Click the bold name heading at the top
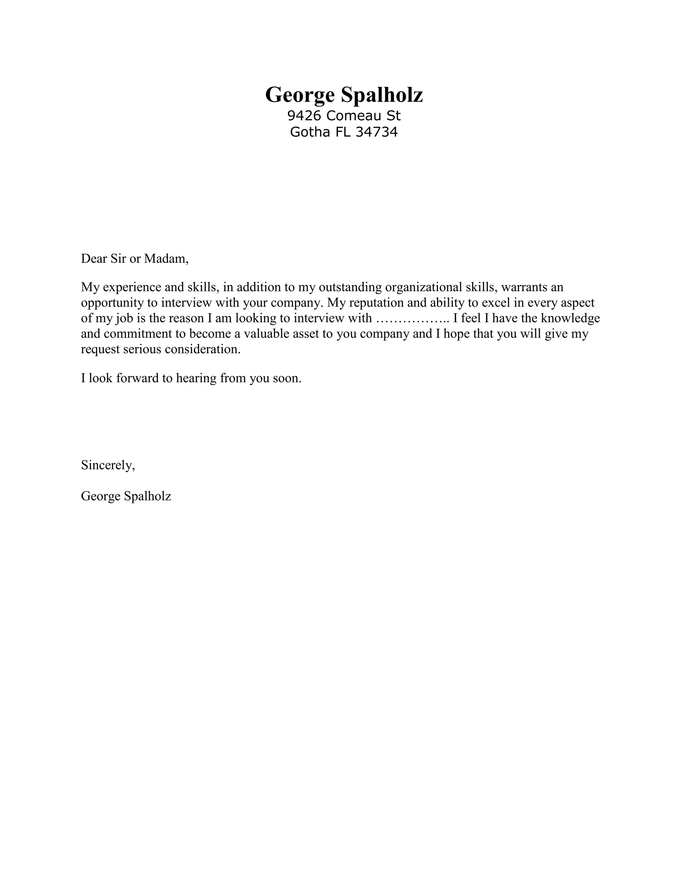344,95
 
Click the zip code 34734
377,132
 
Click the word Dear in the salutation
94,258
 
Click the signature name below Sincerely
126,496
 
